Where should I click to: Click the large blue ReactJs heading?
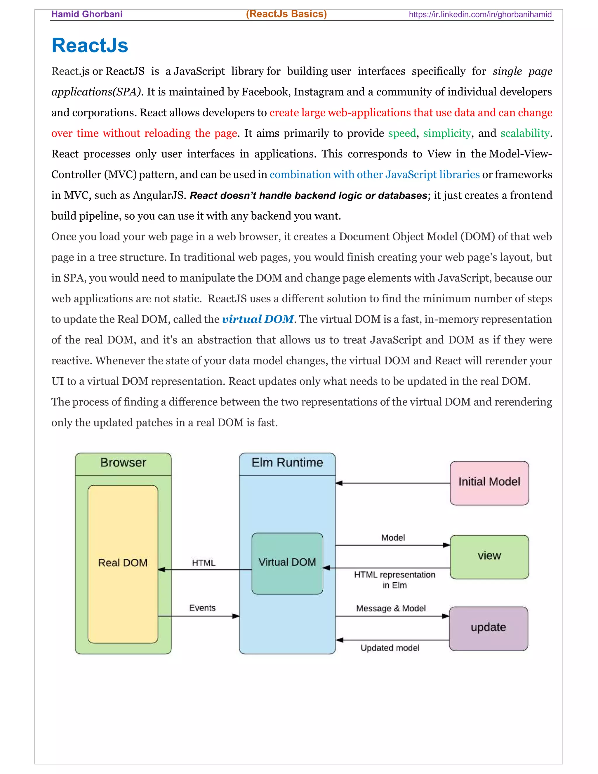point(90,46)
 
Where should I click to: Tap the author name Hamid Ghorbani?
point(87,14)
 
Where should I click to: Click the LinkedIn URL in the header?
point(480,15)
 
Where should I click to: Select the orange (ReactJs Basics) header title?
point(286,14)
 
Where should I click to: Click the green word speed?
point(402,133)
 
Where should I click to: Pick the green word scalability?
point(525,133)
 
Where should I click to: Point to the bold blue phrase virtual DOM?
point(258,319)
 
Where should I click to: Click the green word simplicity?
point(447,133)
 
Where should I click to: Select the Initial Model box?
point(489,483)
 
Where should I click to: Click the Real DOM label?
point(123,563)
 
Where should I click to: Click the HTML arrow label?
point(203,563)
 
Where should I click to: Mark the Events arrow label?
point(202,608)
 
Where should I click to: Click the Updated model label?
point(390,648)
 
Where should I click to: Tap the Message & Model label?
point(390,608)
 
